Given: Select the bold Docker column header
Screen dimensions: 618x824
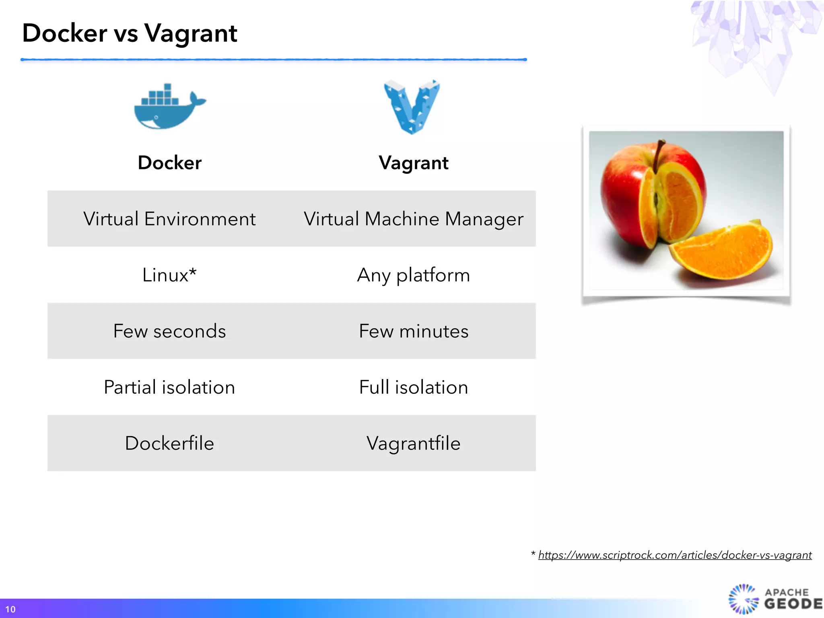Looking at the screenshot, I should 169,163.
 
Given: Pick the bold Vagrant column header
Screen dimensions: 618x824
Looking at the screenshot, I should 414,163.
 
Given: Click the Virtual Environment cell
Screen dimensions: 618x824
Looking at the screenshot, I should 169,219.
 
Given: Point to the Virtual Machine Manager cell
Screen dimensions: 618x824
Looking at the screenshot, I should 414,219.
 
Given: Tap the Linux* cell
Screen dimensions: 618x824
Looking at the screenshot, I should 169,275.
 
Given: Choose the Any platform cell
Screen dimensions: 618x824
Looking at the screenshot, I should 414,275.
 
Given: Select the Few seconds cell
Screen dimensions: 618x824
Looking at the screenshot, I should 169,331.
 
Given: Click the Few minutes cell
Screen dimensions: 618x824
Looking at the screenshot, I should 414,331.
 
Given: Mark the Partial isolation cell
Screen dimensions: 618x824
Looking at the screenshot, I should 169,387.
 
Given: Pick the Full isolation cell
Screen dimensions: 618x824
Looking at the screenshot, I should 414,387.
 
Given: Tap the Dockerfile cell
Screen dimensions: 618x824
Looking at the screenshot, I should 169,443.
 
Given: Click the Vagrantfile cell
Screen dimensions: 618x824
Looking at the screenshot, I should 414,443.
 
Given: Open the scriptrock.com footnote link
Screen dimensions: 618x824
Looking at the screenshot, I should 675,555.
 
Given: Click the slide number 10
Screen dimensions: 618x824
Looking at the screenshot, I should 10,609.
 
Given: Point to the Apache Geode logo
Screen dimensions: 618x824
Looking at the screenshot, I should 775,599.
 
